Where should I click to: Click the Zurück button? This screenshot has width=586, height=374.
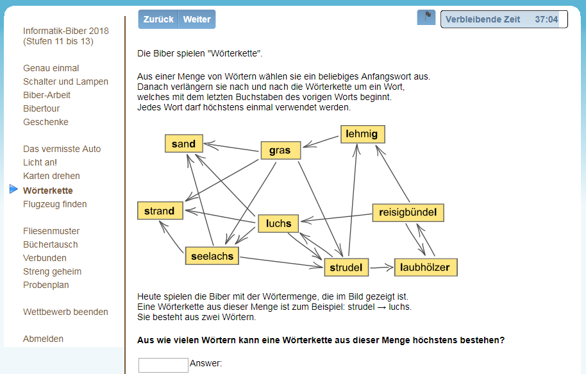pyautogui.click(x=158, y=19)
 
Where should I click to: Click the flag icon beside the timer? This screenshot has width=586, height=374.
pyautogui.click(x=426, y=17)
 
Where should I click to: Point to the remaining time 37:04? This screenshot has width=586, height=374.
pyautogui.click(x=546, y=19)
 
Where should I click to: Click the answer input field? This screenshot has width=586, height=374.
pyautogui.click(x=163, y=365)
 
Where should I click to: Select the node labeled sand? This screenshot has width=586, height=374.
pyautogui.click(x=184, y=144)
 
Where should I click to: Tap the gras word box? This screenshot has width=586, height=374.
pyautogui.click(x=281, y=150)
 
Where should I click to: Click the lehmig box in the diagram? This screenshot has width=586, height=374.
pyautogui.click(x=362, y=134)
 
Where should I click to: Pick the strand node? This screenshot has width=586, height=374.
pyautogui.click(x=160, y=210)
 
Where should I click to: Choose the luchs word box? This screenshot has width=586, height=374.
pyautogui.click(x=278, y=223)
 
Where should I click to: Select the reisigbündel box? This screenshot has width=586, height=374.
pyautogui.click(x=408, y=212)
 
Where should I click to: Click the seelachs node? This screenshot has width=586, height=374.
pyautogui.click(x=212, y=256)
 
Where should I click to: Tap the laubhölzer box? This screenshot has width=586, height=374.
pyautogui.click(x=426, y=267)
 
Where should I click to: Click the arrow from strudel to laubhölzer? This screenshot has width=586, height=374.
pyautogui.click(x=381, y=268)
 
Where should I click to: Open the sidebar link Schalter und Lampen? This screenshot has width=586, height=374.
pyautogui.click(x=65, y=81)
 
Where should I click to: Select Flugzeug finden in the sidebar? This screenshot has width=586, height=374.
pyautogui.click(x=55, y=204)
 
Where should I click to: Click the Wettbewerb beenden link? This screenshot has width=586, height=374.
pyautogui.click(x=65, y=312)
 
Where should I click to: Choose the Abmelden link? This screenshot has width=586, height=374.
pyautogui.click(x=43, y=339)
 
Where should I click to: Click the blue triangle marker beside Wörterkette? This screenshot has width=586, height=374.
pyautogui.click(x=13, y=189)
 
